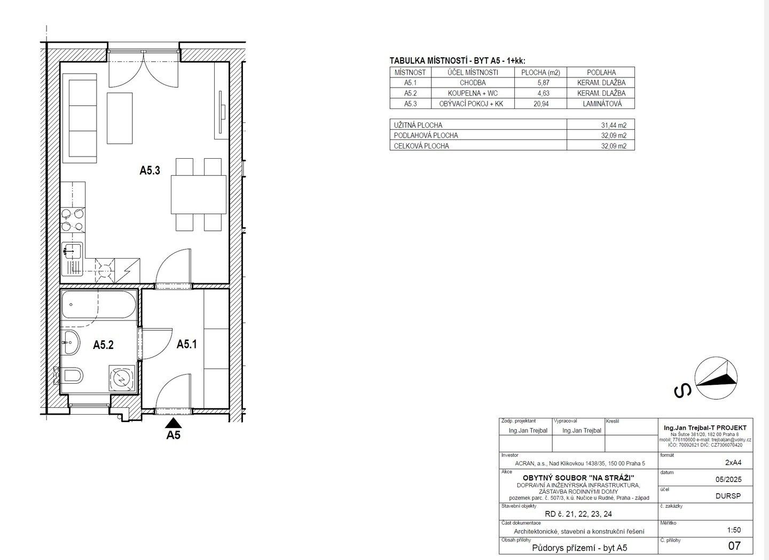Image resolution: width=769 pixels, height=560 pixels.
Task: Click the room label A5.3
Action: (150, 170)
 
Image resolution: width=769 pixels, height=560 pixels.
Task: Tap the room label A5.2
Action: (103, 345)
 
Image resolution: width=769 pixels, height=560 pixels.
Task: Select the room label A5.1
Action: (186, 345)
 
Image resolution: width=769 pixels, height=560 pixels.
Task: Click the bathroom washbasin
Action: (70, 342)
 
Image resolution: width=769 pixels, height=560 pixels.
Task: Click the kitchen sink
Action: (72, 251)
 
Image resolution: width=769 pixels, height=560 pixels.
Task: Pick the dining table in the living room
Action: (198, 195)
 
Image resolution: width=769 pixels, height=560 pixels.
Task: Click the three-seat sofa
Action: (80, 118)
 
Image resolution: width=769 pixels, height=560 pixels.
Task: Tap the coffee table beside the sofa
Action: (120, 118)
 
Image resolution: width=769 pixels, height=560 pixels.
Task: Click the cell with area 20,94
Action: (540, 104)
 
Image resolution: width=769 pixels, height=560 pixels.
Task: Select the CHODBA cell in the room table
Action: (472, 83)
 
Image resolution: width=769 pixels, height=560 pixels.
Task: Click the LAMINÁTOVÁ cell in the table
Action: (601, 104)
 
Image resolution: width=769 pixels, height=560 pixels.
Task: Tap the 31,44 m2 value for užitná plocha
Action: (601, 125)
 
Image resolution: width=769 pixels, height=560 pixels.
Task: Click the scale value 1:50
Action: (734, 530)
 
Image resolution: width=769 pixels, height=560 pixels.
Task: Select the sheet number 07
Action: (734, 546)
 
